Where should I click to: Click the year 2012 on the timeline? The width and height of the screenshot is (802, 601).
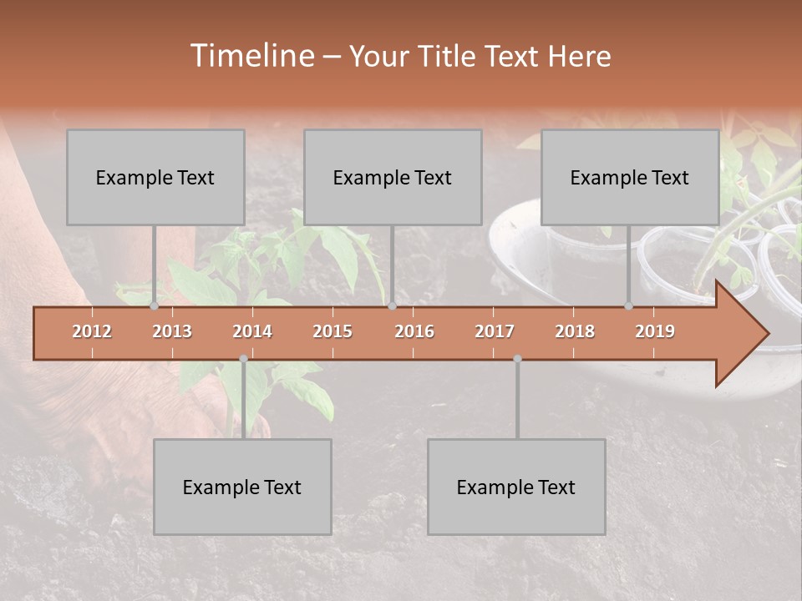(92, 331)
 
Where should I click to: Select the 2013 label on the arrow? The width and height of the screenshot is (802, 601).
(172, 331)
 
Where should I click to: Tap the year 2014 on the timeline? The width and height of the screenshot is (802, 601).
(252, 331)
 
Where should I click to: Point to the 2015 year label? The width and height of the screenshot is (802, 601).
(332, 331)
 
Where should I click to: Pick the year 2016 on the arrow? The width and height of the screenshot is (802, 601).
(414, 331)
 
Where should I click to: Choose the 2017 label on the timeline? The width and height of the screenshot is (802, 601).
(495, 331)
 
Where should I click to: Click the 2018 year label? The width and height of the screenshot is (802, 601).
(575, 331)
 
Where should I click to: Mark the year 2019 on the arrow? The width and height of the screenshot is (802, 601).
(655, 331)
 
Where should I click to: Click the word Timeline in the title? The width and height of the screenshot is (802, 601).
(251, 56)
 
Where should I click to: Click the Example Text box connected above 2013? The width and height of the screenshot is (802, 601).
(155, 177)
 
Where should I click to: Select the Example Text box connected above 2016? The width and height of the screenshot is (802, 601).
(393, 177)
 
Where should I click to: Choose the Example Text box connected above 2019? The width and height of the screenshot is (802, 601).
(630, 177)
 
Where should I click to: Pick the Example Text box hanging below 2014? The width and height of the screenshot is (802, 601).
(242, 487)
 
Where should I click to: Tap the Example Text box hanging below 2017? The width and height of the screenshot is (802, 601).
(516, 487)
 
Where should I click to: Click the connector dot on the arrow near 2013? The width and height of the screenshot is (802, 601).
(155, 306)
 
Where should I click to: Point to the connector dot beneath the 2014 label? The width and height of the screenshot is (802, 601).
(243, 359)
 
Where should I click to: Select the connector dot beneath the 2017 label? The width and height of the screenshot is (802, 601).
(517, 359)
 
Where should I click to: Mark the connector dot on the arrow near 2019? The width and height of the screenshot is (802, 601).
(628, 306)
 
